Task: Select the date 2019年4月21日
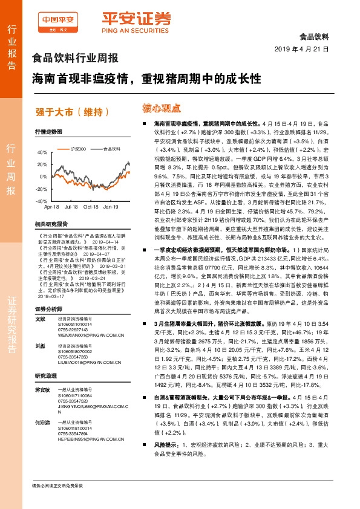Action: [301, 49]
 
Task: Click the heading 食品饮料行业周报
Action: [74, 59]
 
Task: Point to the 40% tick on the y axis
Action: [42, 153]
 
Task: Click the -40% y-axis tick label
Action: [41, 201]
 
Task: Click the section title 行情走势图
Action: [49, 131]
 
